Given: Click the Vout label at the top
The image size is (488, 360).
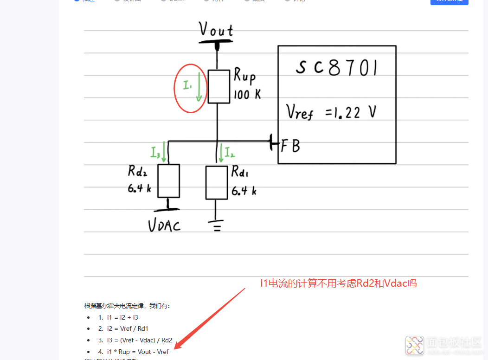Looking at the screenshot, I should (x=216, y=30).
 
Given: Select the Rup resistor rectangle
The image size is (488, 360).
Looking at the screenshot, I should (x=218, y=86).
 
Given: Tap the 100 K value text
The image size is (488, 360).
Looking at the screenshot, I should (x=247, y=95).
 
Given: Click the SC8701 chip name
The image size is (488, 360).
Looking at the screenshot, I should (x=336, y=68).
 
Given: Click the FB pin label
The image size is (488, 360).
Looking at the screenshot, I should (x=290, y=146).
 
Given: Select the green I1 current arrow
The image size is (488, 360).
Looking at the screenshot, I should (x=199, y=86).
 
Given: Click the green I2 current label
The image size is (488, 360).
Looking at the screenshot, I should (x=230, y=151).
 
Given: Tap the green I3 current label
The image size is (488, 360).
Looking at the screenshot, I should (x=155, y=152).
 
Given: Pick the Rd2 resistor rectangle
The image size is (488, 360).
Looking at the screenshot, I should (x=168, y=181).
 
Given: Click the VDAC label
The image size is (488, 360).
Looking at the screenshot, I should (x=164, y=225).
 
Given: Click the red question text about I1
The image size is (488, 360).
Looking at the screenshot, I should (x=338, y=283).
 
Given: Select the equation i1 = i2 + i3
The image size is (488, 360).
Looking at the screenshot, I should (x=118, y=317).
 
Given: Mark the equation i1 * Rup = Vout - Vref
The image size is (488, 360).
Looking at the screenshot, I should (x=133, y=352).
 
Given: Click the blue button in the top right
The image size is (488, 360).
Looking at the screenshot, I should (x=449, y=1).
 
